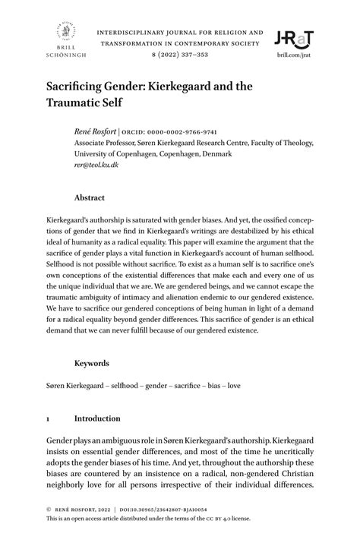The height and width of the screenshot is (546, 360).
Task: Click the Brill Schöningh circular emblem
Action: [x=65, y=33]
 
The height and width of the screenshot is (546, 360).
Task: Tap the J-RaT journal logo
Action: [x=295, y=39]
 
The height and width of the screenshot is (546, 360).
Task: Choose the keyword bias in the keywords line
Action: [x=208, y=385]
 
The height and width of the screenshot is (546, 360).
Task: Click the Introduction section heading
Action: [x=97, y=418]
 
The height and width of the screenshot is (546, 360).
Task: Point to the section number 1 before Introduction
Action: [x=49, y=418]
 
